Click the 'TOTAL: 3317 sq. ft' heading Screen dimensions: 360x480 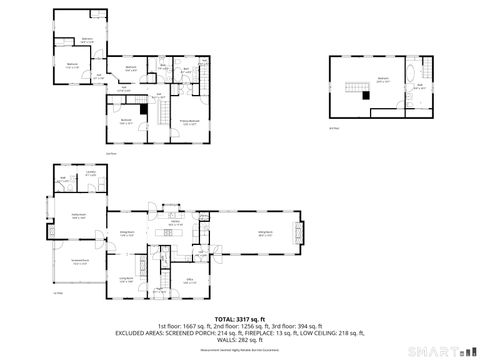pyautogui.click(x=240, y=318)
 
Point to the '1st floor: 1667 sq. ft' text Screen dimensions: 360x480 pyautogui.click(x=178, y=326)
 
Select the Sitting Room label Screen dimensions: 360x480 pyautogui.click(x=266, y=233)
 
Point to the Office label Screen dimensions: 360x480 pyautogui.click(x=188, y=280)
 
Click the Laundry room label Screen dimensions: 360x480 pyautogui.click(x=90, y=174)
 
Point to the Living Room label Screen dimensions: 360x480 pyautogui.click(x=127, y=279)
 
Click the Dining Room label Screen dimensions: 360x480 pyautogui.click(x=127, y=232)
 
